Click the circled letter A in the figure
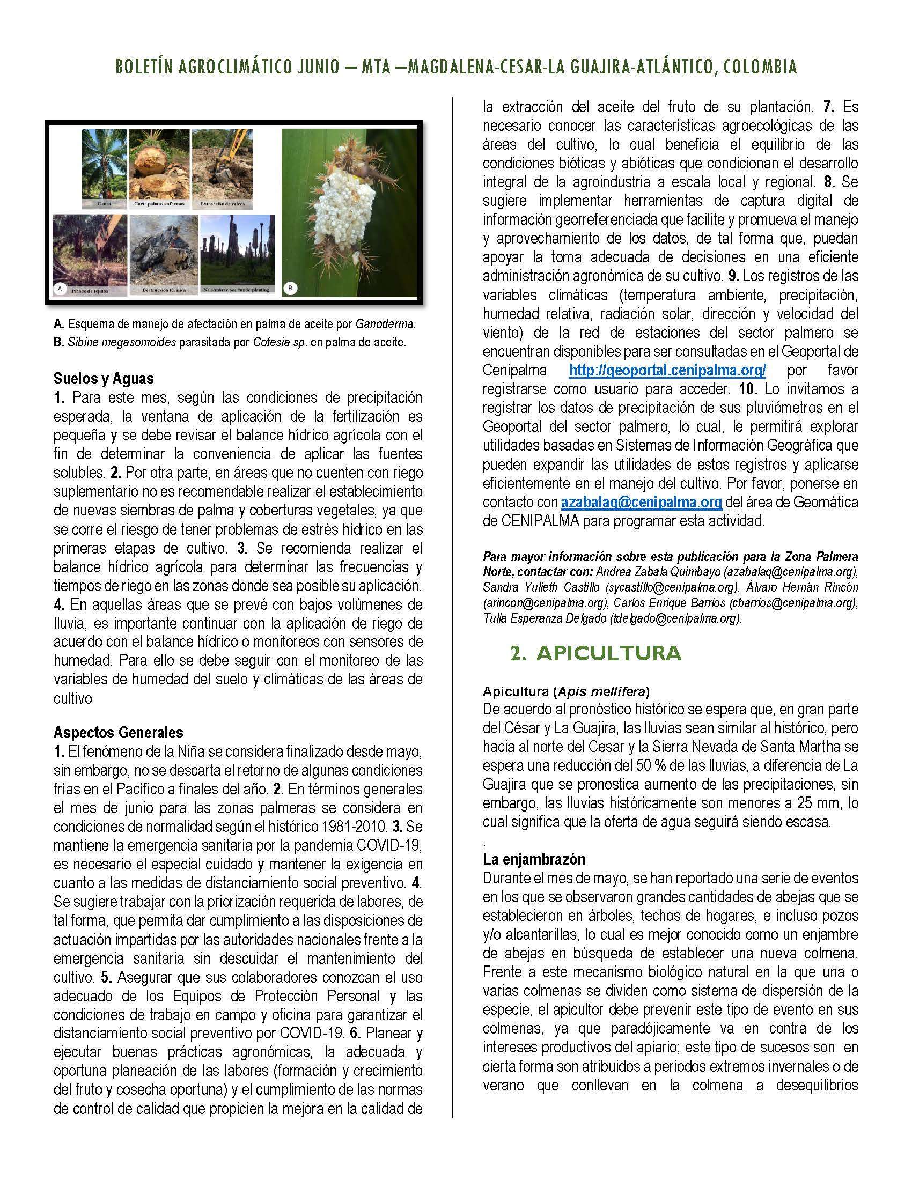pos(60,289)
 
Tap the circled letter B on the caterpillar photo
pos(291,289)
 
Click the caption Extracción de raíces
pos(223,204)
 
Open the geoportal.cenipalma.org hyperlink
pos(667,370)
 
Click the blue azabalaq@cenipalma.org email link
pos(641,502)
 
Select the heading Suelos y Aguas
pos(104,378)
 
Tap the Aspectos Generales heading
pos(119,732)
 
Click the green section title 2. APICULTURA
pos(595,653)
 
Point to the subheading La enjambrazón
pos(534,859)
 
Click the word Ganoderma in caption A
pos(384,324)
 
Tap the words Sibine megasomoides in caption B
pos(122,343)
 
